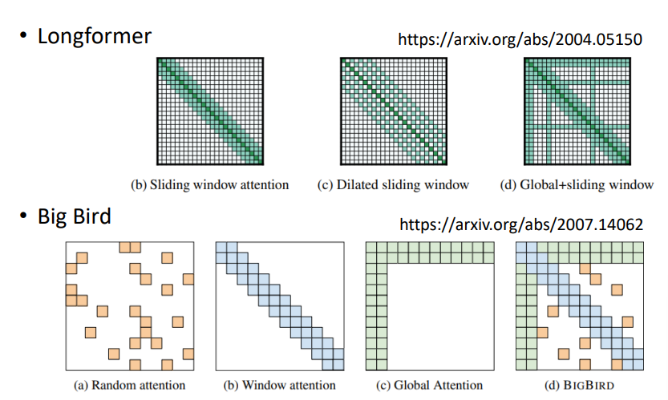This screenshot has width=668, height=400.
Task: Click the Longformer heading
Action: coord(94,36)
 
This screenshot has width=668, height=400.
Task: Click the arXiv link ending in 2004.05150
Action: coord(520,38)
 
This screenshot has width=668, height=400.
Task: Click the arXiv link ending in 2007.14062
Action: coord(520,224)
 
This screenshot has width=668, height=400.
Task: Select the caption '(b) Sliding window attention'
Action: coord(209,185)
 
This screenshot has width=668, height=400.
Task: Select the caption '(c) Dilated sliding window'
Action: coord(394,185)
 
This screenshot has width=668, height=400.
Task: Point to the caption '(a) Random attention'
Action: coord(129,385)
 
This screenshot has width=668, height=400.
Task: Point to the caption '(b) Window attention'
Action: coord(280,385)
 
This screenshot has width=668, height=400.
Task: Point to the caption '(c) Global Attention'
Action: coord(430,385)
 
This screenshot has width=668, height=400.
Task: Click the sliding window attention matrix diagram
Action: coord(209,111)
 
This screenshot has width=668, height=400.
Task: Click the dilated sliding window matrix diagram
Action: coord(394,111)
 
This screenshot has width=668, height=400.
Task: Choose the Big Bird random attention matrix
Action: coord(130,305)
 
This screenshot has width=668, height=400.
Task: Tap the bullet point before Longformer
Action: coord(22,37)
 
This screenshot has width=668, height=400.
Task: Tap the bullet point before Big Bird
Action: coord(22,218)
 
